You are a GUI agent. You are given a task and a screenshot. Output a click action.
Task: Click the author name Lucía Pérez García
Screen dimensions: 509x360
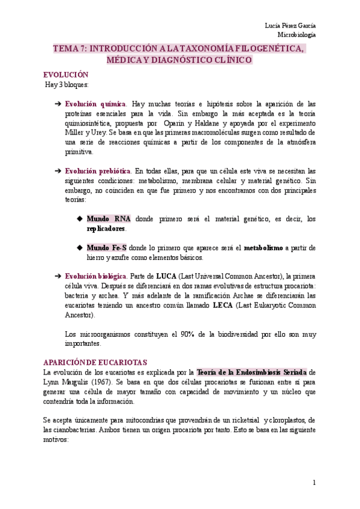(290, 25)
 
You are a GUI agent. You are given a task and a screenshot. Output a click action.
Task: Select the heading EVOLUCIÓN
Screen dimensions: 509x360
(66, 74)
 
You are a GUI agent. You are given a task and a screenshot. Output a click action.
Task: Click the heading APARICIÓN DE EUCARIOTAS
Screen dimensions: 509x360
(95, 363)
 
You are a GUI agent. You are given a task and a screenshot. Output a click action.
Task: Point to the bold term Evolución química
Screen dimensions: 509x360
(95, 104)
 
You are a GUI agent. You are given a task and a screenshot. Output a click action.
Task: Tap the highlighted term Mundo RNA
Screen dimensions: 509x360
(109, 219)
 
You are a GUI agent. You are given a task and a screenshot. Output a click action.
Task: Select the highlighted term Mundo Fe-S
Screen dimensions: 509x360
(107, 247)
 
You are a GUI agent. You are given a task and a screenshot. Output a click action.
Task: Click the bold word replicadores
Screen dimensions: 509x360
(106, 229)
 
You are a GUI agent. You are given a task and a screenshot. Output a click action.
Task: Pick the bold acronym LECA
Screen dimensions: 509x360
(223, 305)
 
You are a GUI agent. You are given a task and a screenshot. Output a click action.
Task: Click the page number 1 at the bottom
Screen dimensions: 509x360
(314, 483)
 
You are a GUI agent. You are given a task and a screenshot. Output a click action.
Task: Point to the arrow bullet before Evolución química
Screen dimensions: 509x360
(58, 104)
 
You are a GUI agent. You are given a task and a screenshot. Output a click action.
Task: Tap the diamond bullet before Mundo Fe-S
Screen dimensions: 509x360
(80, 247)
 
